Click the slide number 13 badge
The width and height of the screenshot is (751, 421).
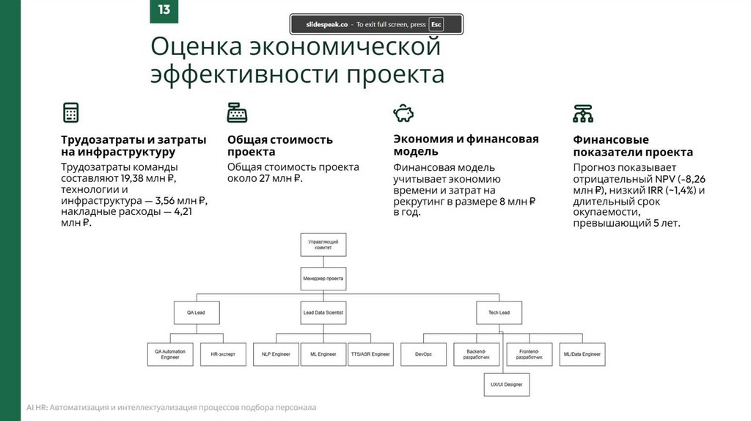164,10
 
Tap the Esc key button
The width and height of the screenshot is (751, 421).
436,24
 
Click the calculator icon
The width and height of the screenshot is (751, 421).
70,113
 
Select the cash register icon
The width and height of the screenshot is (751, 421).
237,113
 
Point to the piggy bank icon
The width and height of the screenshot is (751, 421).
403,113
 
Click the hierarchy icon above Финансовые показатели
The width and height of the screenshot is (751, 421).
583,113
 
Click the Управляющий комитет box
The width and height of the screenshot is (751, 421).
323,244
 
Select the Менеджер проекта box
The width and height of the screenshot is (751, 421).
323,279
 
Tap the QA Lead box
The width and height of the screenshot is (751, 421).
195,312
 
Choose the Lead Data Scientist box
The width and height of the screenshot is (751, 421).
323,312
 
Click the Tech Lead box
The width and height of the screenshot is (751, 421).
499,312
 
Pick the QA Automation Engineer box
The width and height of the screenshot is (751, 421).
170,354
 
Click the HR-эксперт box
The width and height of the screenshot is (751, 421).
223,354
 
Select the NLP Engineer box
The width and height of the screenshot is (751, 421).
276,354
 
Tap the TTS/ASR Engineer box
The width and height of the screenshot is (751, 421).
370,354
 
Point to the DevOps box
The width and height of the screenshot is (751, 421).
423,354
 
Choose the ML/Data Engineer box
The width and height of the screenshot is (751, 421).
582,354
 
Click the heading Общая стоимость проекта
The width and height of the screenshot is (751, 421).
279,145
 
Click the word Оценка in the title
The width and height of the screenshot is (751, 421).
196,47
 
